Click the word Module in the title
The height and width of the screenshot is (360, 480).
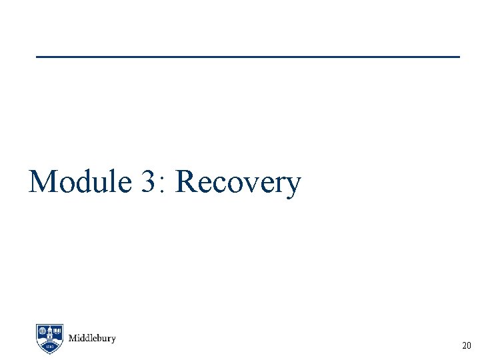[x=80, y=181]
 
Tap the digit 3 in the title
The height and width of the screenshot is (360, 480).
[x=148, y=181]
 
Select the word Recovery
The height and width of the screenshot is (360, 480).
[x=238, y=183]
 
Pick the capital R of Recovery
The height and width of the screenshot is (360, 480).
[x=187, y=181]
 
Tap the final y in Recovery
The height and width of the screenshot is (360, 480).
[x=293, y=186]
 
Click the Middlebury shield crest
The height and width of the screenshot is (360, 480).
[x=50, y=339]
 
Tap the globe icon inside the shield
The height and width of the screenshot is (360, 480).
[x=43, y=331]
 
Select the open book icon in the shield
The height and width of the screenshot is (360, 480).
[x=58, y=331]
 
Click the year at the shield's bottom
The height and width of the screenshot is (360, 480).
[x=50, y=347]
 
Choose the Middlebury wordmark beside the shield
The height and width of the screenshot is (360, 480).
[x=92, y=339]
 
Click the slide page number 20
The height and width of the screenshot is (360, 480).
[x=466, y=346]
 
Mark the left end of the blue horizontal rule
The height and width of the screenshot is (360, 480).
[x=37, y=57]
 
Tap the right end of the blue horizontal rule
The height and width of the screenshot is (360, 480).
[x=459, y=57]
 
